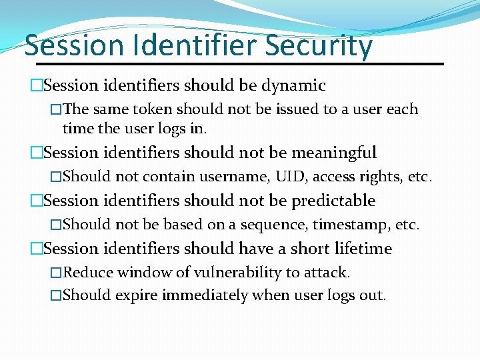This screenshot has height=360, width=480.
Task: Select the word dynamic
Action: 293,86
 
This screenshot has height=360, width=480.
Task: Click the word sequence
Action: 275,225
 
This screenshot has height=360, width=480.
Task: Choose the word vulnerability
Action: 237,273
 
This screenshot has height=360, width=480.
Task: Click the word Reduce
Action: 87,273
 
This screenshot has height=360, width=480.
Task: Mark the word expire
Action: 137,295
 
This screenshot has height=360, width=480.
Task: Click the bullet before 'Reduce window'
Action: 56,273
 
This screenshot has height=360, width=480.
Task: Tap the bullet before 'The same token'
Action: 56,109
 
